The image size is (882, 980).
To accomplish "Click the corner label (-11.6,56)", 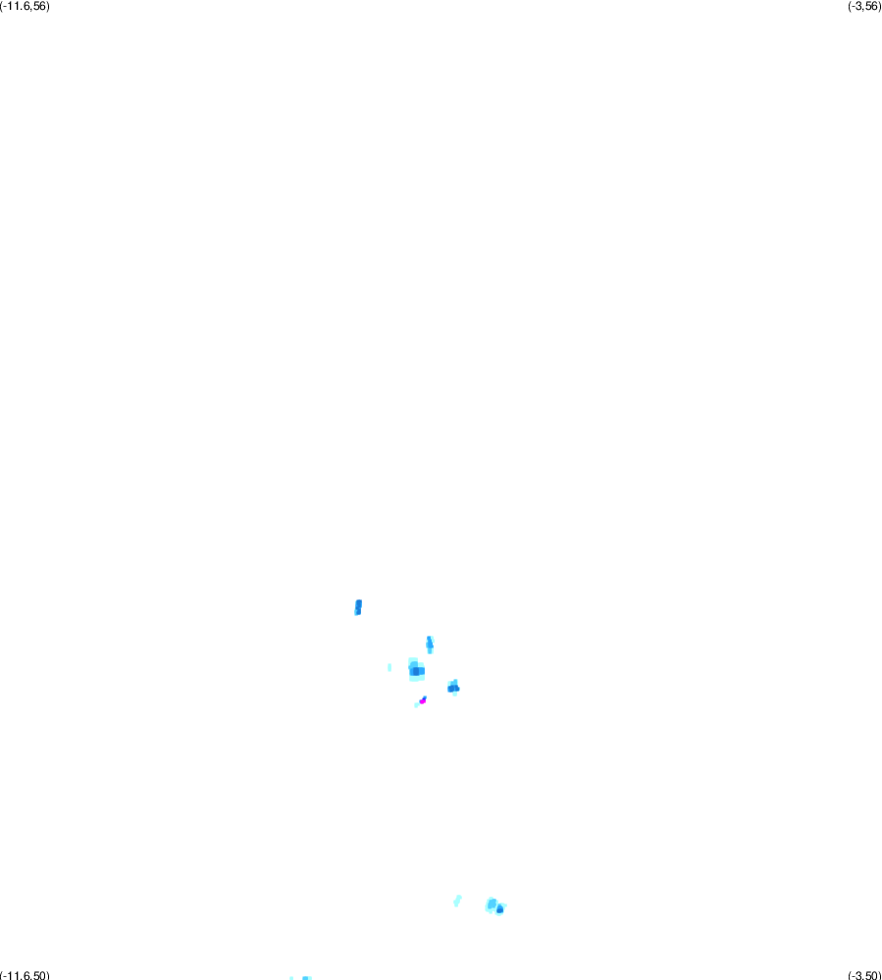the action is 25,6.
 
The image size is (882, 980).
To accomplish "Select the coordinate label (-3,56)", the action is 864,6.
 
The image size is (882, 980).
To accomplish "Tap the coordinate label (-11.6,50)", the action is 25,975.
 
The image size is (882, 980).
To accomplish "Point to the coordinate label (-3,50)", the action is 864,975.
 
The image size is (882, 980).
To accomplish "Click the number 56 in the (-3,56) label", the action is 871,6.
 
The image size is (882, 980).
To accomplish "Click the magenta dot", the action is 422,701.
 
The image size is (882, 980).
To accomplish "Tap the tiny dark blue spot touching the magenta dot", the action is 425,697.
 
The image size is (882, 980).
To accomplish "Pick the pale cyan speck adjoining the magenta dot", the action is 417,705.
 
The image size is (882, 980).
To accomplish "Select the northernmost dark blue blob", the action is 358,607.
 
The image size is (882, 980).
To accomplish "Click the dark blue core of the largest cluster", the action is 417,671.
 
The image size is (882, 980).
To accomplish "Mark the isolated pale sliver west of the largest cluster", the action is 389,667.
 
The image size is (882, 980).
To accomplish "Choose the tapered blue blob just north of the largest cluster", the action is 430,645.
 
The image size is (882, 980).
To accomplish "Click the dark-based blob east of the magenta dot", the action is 454,688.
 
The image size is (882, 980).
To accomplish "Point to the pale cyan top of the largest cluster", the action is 413,662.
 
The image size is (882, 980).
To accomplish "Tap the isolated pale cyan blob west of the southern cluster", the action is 457,901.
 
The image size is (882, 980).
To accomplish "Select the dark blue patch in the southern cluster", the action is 499,909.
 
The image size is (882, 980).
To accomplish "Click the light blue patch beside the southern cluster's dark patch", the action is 492,903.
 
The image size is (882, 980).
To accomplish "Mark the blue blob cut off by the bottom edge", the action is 306,978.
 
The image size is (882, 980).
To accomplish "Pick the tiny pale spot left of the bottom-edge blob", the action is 291,978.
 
